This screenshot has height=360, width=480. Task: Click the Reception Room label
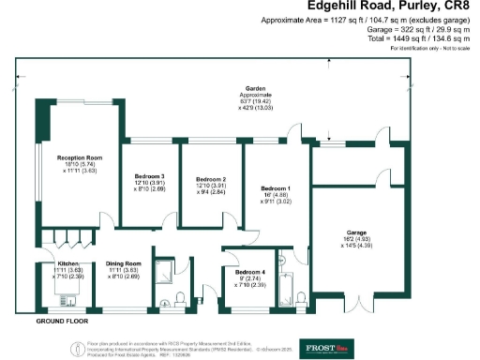coord(79,157)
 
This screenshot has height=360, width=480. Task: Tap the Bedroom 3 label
coord(149,176)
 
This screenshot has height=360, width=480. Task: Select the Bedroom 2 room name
coord(211,179)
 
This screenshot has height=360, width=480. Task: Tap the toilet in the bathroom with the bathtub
coord(302,298)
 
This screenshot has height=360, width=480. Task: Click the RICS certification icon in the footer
coord(78,348)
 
